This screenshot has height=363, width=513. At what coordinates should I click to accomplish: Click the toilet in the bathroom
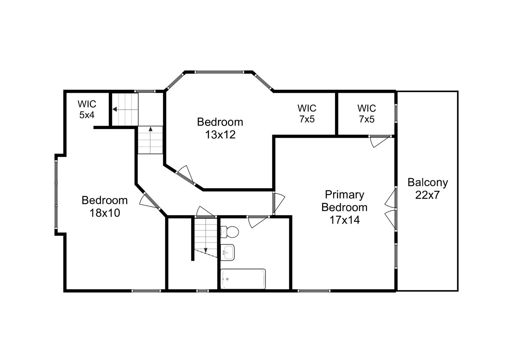(230, 231)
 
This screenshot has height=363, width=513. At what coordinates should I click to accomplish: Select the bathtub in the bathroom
(243, 279)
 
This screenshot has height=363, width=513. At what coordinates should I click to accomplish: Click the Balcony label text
(427, 183)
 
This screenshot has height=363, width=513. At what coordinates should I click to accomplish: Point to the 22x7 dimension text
(427, 195)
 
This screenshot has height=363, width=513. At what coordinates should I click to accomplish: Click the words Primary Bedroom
(344, 201)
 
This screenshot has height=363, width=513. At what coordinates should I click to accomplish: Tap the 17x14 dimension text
(344, 220)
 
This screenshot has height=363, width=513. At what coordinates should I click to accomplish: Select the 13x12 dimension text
(220, 134)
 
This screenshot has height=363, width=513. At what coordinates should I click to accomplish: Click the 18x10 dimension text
(104, 213)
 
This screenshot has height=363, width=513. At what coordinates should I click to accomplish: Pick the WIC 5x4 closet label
(87, 109)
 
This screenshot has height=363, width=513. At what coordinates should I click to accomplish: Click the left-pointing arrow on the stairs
(115, 109)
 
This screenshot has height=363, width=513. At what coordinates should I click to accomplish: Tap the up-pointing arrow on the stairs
(150, 129)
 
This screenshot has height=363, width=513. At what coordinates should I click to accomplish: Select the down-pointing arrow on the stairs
(205, 250)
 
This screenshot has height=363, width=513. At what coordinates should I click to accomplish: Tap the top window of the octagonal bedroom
(219, 72)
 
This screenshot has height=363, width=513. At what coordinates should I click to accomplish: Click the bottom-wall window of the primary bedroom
(314, 290)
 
